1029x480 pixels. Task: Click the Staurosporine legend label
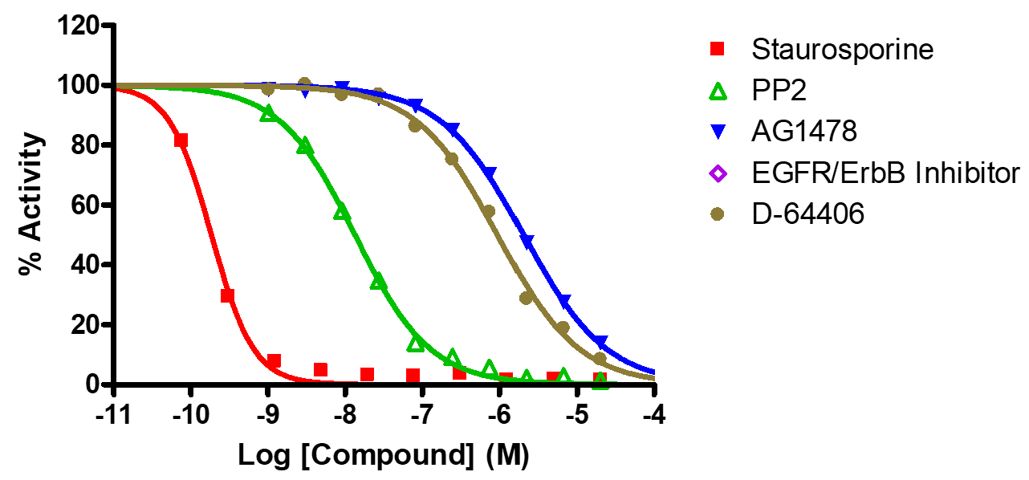coord(843,50)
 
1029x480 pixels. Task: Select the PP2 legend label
coord(779,92)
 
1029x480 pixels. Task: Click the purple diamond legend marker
coord(718,173)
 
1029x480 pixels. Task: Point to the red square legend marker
coord(718,50)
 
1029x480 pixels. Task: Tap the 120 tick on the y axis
coord(81,26)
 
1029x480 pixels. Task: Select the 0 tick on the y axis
coord(97,384)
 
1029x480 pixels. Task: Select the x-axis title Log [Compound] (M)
coord(384,455)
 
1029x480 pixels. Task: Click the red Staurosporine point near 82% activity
coord(181,140)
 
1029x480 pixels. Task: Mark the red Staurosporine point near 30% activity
coord(227,295)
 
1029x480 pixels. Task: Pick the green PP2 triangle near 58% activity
coord(342,211)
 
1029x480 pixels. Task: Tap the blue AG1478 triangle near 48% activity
coord(527,241)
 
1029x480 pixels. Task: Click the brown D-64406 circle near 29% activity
coord(527,298)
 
